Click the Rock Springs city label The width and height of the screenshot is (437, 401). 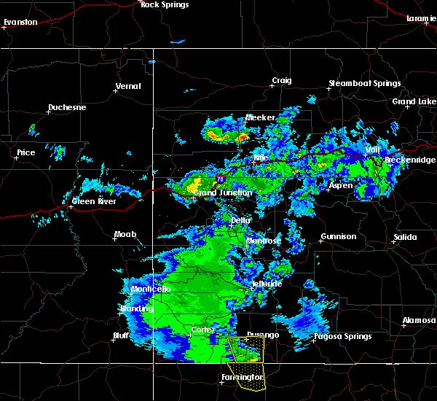(165, 5)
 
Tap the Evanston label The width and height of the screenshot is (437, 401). (20, 23)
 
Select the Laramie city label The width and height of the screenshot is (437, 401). (422, 17)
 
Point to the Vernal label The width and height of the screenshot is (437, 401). (127, 87)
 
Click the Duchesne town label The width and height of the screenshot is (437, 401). (67, 108)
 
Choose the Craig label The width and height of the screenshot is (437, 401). (282, 81)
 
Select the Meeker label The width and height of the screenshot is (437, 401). (260, 117)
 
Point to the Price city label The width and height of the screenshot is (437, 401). (26, 153)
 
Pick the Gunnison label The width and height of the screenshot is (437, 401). (339, 236)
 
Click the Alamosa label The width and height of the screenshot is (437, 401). (419, 321)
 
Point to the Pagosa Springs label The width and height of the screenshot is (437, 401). (342, 337)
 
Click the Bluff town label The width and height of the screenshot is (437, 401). (121, 336)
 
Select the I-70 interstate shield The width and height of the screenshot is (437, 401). (220, 177)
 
